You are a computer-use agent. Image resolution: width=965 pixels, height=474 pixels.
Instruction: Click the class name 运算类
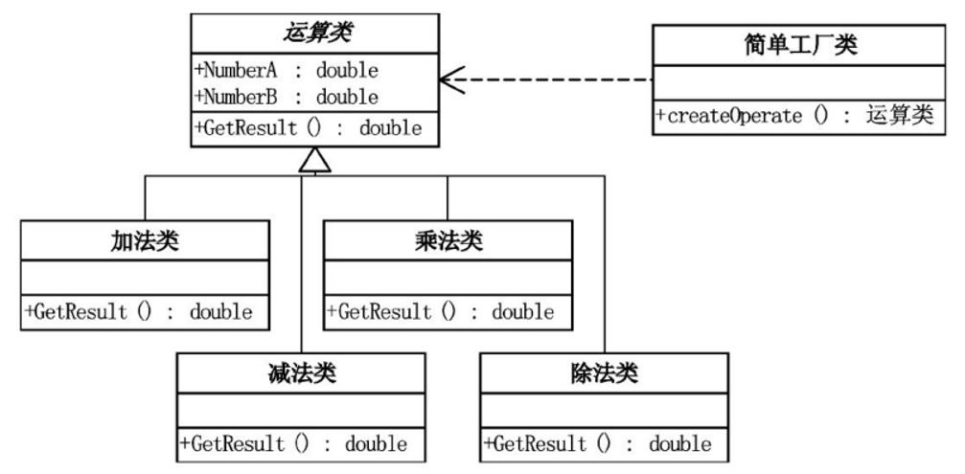point(314,34)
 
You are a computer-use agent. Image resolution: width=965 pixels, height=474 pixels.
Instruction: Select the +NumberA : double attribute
point(287,71)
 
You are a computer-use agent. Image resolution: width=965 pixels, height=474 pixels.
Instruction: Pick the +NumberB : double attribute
point(287,97)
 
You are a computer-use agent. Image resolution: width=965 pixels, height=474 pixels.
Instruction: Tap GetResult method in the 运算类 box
point(308,128)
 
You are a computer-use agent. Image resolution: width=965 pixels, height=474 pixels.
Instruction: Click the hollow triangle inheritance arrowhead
point(314,162)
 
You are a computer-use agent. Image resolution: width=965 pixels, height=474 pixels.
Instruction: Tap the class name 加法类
point(145,241)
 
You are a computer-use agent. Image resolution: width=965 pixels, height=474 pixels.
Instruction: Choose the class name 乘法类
point(447,241)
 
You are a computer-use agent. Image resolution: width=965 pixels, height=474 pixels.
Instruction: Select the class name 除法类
point(604,372)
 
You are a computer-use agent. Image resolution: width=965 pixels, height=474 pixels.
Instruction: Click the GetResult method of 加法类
point(140,311)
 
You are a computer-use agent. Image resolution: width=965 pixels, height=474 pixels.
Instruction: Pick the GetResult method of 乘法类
point(441,311)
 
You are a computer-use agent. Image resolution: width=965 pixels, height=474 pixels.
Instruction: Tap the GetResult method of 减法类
point(294,443)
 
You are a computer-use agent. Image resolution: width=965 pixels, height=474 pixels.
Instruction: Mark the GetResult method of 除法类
point(599,443)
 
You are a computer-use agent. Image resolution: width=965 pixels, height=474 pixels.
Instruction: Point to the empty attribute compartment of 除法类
point(604,410)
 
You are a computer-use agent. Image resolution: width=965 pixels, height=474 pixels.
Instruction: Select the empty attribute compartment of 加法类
point(145,279)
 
